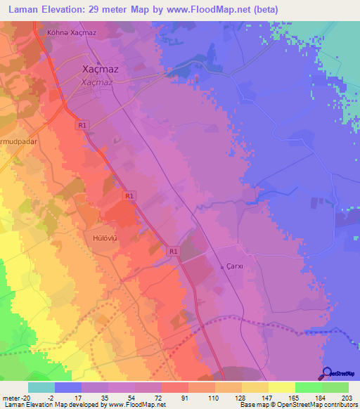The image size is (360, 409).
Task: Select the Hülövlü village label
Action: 103,238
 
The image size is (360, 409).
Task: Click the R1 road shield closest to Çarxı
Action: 173,250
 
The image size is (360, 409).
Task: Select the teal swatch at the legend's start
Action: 41,387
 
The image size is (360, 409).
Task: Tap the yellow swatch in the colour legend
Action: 281,387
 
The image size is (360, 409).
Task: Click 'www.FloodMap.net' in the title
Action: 210,10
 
